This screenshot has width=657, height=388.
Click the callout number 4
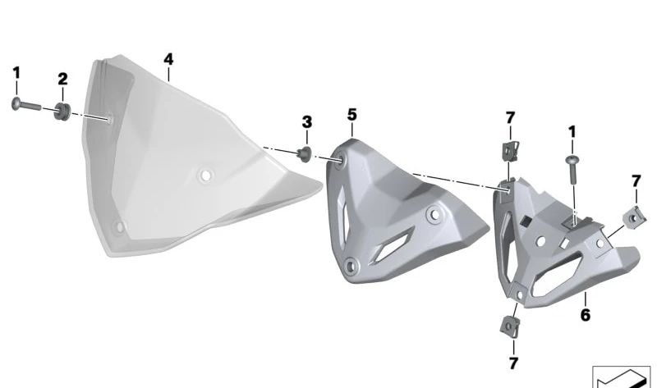168,59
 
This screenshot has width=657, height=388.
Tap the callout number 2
62,79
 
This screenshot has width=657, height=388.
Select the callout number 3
307,122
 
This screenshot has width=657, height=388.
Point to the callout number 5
352,115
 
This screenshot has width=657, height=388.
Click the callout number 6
586,315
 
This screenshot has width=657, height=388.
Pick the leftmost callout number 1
16,73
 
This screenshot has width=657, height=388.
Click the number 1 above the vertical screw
572,132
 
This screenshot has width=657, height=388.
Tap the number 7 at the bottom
514,363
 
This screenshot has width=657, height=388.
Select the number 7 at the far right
636,181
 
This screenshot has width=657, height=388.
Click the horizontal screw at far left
26,105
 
